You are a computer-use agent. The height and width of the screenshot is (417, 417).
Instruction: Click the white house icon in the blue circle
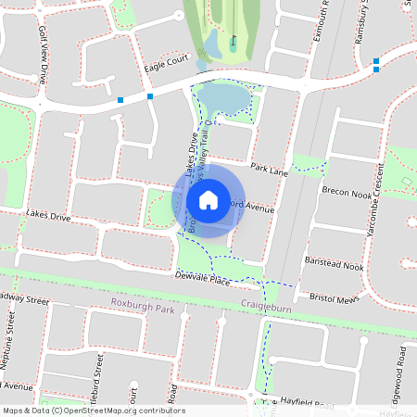coord(208,200)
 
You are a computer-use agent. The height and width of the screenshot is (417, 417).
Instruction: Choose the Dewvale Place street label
coord(202,278)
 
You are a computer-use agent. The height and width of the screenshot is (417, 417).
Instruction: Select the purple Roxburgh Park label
coord(142,304)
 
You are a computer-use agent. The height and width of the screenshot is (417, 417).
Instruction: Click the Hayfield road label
coord(305,405)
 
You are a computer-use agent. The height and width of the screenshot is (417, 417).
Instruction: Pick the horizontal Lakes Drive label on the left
coord(48,215)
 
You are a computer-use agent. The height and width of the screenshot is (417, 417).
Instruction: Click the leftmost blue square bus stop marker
coord(120,99)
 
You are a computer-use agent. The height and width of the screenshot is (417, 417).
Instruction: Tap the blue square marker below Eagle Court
coord(149,96)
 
